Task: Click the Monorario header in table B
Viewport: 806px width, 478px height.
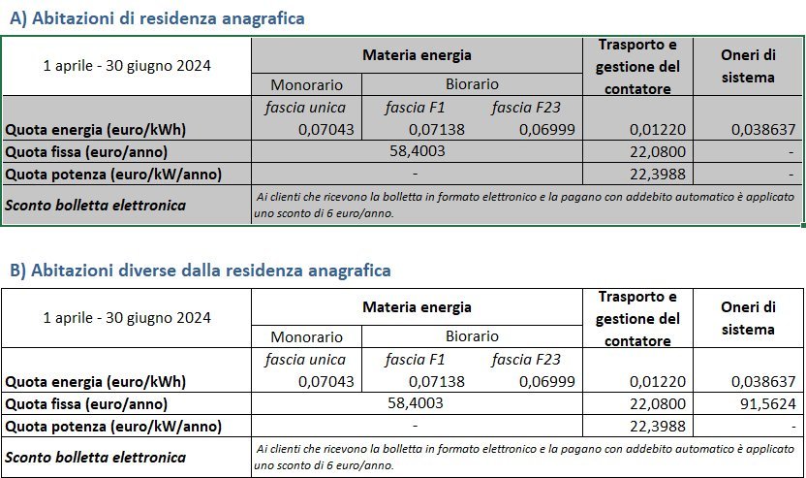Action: (306, 337)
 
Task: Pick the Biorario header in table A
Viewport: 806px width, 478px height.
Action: (472, 84)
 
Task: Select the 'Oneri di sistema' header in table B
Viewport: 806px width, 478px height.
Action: (749, 318)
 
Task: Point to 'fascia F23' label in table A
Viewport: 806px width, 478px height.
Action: (527, 107)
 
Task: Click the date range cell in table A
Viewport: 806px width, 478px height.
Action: (127, 66)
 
